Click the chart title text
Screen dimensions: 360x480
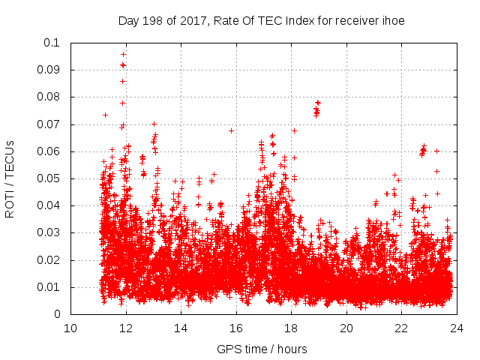(x=262, y=21)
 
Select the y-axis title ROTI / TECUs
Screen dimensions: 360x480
(x=10, y=178)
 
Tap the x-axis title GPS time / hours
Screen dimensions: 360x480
(x=262, y=349)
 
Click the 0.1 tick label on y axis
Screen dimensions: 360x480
(x=54, y=43)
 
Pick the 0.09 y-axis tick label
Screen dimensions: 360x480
(x=51, y=70)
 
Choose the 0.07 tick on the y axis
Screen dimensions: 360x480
(x=51, y=124)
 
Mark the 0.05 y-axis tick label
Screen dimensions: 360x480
(x=51, y=178)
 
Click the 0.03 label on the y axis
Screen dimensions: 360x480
(x=51, y=233)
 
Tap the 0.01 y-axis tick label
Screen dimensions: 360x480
(x=51, y=287)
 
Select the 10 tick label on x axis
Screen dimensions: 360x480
(x=70, y=328)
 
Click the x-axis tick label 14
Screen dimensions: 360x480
(x=181, y=328)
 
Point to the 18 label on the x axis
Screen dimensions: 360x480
(x=291, y=328)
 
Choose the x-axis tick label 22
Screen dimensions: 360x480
(x=401, y=328)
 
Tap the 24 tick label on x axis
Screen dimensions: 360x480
(x=456, y=328)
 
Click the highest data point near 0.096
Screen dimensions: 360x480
(x=123, y=54)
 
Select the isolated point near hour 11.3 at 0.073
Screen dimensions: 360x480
(x=105, y=115)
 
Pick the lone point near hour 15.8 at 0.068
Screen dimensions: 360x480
(x=231, y=130)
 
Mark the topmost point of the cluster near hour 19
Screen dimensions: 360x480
(x=318, y=102)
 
